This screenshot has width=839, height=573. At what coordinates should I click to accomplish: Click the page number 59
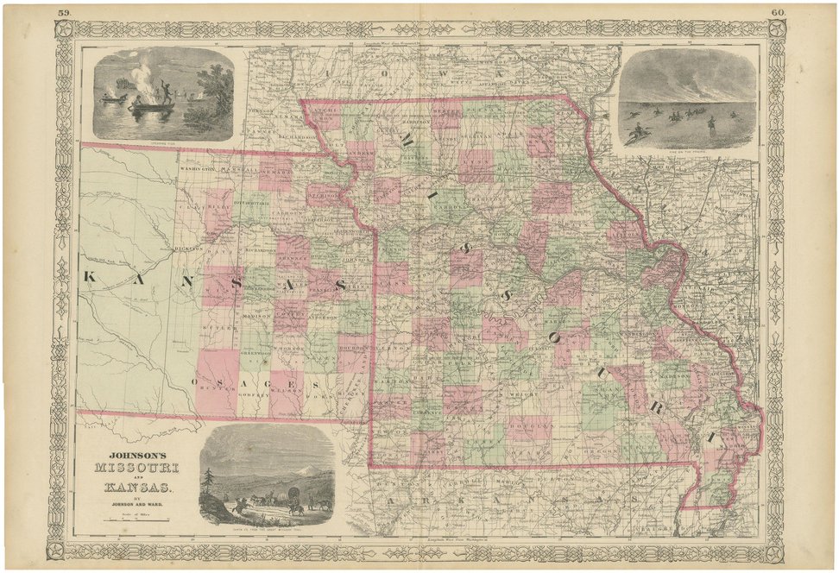tap(62, 13)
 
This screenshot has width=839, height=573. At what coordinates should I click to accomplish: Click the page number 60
tap(778, 13)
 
